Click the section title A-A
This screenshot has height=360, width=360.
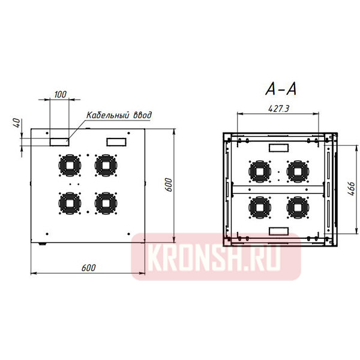click(x=281, y=89)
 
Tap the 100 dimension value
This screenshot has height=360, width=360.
click(x=60, y=95)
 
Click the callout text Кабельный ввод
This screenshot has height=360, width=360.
click(x=119, y=115)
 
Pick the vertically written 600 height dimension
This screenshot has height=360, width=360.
click(x=169, y=185)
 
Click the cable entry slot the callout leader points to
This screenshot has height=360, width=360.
click(x=59, y=141)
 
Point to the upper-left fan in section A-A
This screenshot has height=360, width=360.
click(x=260, y=171)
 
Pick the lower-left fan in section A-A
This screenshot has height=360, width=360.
click(x=260, y=207)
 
